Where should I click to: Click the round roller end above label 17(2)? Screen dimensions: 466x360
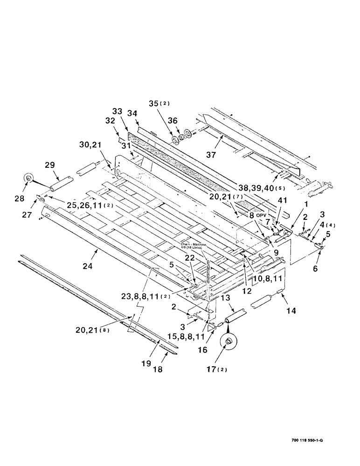(229, 343)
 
